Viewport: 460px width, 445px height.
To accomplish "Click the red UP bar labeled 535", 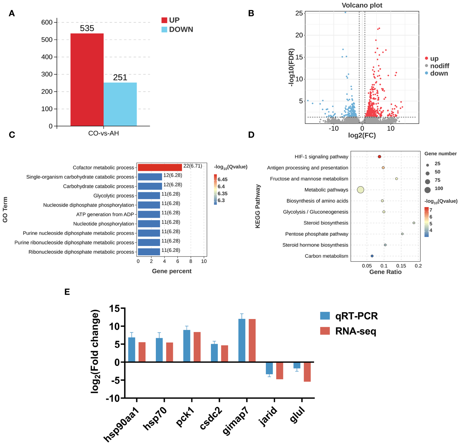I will (x=87, y=80).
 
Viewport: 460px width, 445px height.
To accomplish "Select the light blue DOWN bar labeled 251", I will (x=120, y=104).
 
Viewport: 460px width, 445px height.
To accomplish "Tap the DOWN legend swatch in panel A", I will (x=164, y=30).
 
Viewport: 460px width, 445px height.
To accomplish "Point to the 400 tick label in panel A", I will (x=47, y=57).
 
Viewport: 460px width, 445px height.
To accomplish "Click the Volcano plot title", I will (x=362, y=5).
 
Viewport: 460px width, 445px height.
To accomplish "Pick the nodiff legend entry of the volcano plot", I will (x=439, y=66).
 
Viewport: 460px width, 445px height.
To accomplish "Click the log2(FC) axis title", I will (x=362, y=136).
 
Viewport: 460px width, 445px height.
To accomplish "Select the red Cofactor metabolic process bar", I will (x=160, y=168).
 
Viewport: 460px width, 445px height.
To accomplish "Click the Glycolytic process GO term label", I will (x=114, y=196).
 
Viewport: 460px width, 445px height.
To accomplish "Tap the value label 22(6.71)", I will (x=193, y=166).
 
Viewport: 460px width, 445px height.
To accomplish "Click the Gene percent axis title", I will (x=172, y=271).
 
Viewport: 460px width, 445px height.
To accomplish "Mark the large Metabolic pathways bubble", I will (x=361, y=190).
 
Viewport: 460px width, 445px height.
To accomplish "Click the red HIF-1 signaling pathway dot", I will (x=379, y=157).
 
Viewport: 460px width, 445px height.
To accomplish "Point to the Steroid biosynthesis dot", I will (x=414, y=223).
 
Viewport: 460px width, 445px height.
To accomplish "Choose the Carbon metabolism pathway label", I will (x=326, y=256).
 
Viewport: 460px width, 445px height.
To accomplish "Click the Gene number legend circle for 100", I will (x=428, y=190).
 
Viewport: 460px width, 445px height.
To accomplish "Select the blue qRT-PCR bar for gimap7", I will (x=242, y=341).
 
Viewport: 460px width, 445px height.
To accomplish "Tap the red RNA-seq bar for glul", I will (x=307, y=372).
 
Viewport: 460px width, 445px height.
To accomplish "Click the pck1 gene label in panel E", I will (x=185, y=417).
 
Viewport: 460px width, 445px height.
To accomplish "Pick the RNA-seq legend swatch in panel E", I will (x=325, y=331).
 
